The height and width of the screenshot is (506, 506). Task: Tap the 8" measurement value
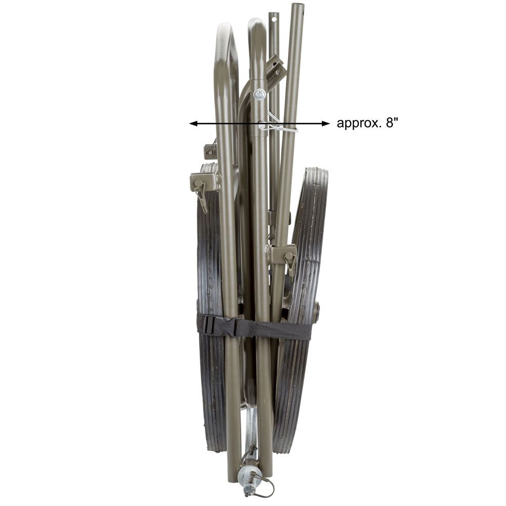[391, 122]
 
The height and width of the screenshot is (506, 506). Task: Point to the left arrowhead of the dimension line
[193, 123]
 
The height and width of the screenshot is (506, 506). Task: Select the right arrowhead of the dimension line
[325, 123]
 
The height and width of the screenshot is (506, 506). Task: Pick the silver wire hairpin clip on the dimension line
[277, 123]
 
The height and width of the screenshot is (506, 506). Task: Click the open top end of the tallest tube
[296, 6]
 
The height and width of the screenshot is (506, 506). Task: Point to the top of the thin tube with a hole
[273, 16]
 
